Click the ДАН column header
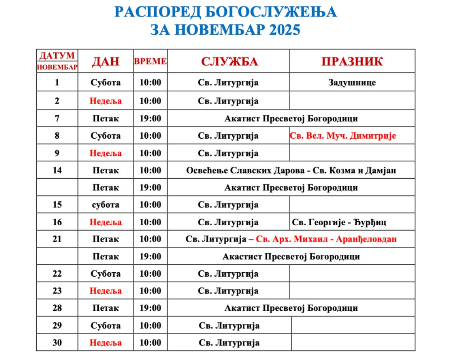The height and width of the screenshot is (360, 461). (x=106, y=61)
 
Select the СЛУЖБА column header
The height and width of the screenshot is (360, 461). (x=229, y=61)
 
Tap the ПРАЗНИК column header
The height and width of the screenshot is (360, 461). (x=352, y=61)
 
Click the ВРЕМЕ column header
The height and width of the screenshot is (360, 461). (x=150, y=61)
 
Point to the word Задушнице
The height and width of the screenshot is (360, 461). (x=352, y=82)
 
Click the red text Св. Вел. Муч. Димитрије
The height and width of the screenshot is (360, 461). (x=343, y=136)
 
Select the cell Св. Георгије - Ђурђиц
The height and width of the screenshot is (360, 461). (x=339, y=222)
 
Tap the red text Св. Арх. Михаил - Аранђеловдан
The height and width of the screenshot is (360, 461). (x=326, y=239)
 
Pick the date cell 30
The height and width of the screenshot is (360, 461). (x=57, y=342)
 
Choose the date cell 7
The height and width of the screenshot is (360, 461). (x=57, y=118)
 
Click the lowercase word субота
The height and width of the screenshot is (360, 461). (x=106, y=205)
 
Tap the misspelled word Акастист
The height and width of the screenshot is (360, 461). (x=242, y=257)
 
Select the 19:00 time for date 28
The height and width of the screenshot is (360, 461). (x=150, y=308)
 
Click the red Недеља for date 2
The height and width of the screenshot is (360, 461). (x=106, y=101)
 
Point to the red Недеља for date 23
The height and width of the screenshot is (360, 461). (x=106, y=291)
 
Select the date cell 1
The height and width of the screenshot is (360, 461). (x=57, y=82)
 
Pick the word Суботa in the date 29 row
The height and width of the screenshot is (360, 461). (x=106, y=326)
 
